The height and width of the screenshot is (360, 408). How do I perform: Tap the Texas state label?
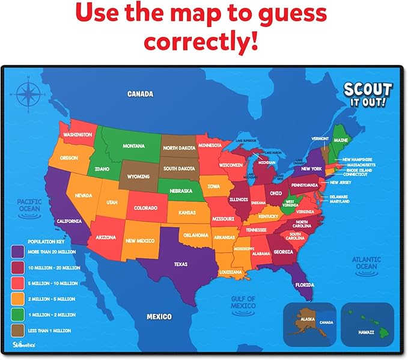pyautogui.click(x=180, y=264)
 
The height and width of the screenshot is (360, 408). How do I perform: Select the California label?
pyautogui.click(x=69, y=221)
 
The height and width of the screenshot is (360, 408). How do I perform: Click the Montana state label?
pyautogui.click(x=134, y=146)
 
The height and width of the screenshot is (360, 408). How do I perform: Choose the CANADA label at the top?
pyautogui.click(x=140, y=94)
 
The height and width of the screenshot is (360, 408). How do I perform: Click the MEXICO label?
pyautogui.click(x=159, y=316)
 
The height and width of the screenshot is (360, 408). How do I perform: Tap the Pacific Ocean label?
pyautogui.click(x=28, y=205)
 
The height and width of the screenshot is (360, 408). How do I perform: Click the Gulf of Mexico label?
pyautogui.click(x=243, y=302)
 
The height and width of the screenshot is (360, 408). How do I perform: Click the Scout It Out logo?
pyautogui.click(x=367, y=95)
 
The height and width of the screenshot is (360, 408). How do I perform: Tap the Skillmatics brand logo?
pyautogui.click(x=25, y=344)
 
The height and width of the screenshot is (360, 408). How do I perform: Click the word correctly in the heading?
pyautogui.click(x=204, y=41)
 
